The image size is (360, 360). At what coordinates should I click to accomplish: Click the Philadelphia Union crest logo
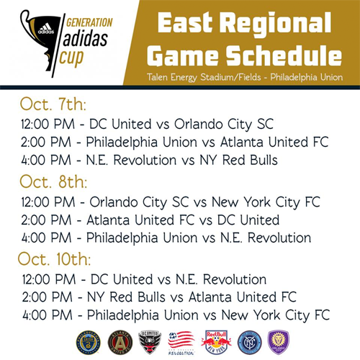[x=88, y=343]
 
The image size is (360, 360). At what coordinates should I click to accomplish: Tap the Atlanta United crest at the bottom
[x=120, y=343]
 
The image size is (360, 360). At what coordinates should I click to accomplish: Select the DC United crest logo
[x=150, y=343]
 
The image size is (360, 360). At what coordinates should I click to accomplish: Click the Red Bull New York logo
[x=216, y=343]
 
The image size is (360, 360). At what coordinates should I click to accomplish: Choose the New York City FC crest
[x=250, y=343]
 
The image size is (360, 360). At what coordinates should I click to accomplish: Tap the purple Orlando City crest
[x=279, y=342]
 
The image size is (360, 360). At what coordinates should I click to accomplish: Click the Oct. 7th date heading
[x=53, y=104]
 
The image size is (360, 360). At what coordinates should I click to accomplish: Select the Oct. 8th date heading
[x=53, y=181]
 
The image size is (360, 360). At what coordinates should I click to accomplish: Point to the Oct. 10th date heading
[x=54, y=259]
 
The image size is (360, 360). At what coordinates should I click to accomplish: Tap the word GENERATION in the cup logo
[x=89, y=23]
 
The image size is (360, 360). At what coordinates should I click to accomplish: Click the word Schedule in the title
[x=284, y=55]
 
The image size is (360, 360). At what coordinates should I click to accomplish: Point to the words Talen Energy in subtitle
[x=172, y=77]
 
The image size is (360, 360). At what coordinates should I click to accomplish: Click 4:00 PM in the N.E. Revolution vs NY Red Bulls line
[x=46, y=160]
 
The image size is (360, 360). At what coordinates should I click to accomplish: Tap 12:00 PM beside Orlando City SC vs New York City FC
[x=48, y=202]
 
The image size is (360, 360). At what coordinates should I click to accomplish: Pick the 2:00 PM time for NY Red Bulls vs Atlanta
[x=47, y=297]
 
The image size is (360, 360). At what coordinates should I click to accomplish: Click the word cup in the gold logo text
[x=71, y=58]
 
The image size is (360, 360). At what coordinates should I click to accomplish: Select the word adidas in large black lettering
[x=85, y=39]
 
